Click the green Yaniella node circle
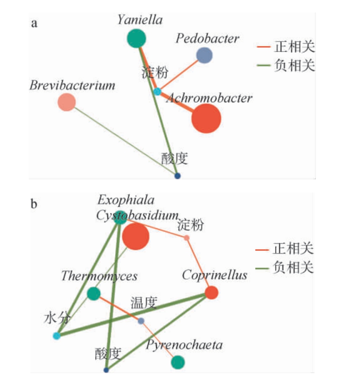point(136,39)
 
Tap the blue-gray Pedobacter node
point(204,55)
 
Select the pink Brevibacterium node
point(67,102)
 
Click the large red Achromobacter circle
point(206,119)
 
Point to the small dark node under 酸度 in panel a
point(177,176)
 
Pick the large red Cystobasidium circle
point(136,237)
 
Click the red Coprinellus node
point(211,292)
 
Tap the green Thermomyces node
point(94,294)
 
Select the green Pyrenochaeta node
point(178,362)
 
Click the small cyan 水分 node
point(57,336)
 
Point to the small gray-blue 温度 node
point(141,321)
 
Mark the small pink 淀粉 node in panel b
point(186,238)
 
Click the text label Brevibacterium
point(72,86)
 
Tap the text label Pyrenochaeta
point(184,345)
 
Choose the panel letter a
point(35,22)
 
